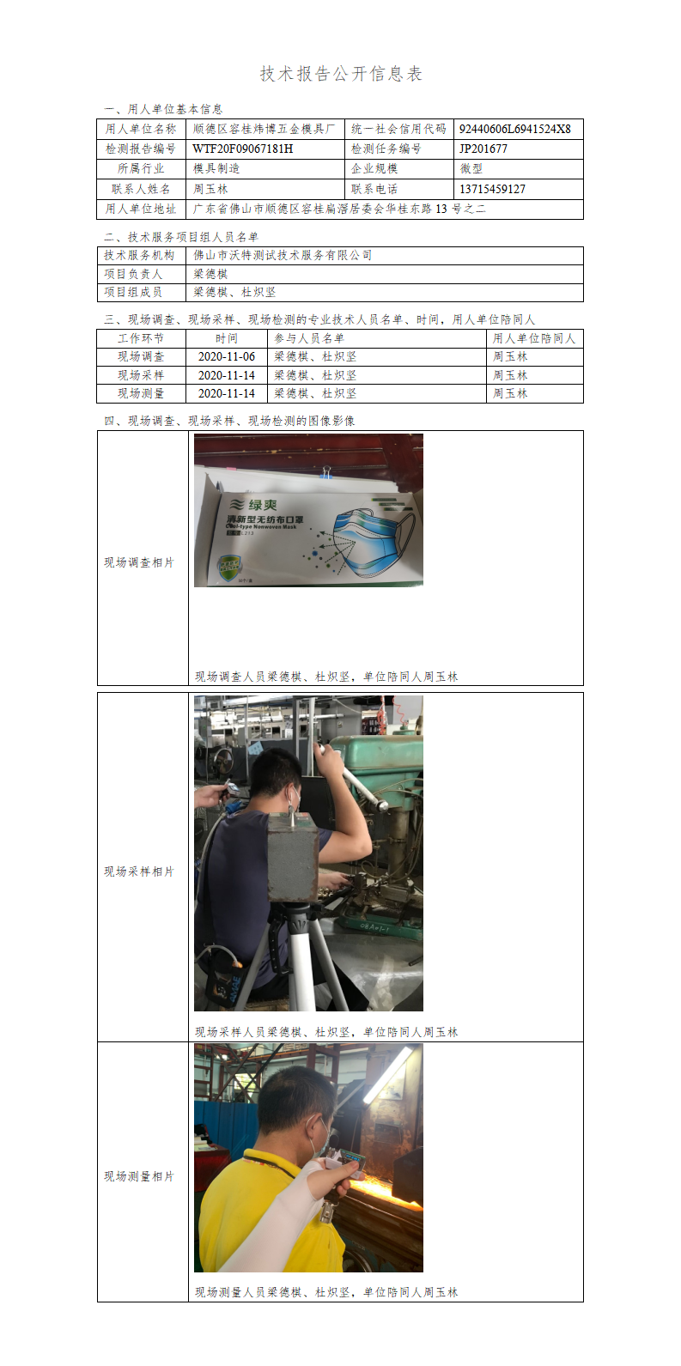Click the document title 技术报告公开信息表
341,74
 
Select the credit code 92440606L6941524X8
515,129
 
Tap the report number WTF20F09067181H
243,149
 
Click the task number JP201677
483,149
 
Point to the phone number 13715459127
492,189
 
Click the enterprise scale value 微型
471,168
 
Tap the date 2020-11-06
227,357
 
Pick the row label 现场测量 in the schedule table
141,393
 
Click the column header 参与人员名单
309,338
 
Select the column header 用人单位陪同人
534,338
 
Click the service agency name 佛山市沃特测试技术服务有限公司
283,256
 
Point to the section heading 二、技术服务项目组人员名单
181,237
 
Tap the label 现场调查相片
139,562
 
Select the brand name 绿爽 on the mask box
263,504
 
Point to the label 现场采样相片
139,871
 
